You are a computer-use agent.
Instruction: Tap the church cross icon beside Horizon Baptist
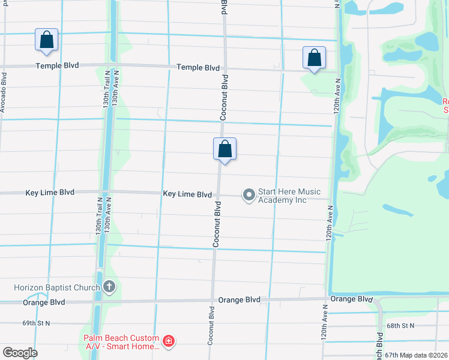[109, 287]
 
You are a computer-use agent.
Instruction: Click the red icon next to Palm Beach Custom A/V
[169, 341]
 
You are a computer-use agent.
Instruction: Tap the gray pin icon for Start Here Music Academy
[249, 195]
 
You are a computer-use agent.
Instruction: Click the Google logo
[20, 353]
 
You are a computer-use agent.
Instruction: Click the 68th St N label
[400, 326]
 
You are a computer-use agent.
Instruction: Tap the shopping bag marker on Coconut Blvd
[224, 149]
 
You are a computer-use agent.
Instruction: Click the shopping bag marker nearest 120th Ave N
[314, 58]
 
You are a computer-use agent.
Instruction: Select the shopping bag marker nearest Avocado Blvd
[47, 40]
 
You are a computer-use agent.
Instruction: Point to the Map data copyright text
[424, 355]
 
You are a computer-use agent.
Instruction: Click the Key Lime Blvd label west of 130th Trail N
[50, 193]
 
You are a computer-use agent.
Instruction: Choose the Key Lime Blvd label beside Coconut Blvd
[187, 194]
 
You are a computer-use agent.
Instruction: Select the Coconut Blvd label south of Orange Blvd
[211, 326]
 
